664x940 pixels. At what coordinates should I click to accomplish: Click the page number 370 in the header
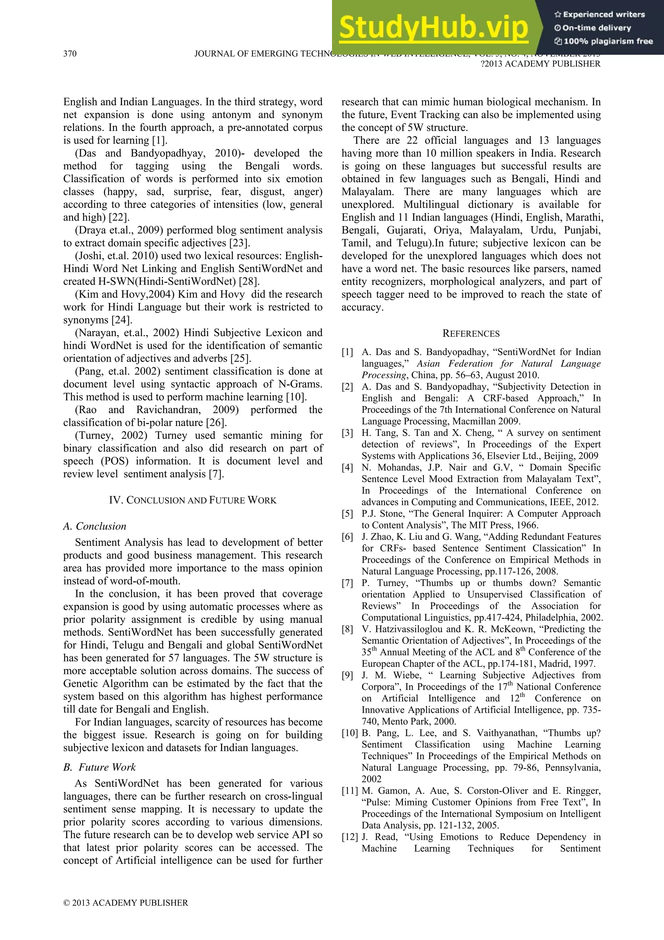pos(70,54)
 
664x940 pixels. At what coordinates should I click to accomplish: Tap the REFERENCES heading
pos(471,334)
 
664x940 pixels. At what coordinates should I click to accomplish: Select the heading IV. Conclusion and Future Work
pos(193,500)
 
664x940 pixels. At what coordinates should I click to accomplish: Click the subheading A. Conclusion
pos(94,526)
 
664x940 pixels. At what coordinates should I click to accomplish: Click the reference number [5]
pos(347,514)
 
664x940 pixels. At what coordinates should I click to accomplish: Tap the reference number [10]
pos(350,733)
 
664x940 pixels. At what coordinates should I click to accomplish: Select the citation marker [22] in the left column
pos(119,217)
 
